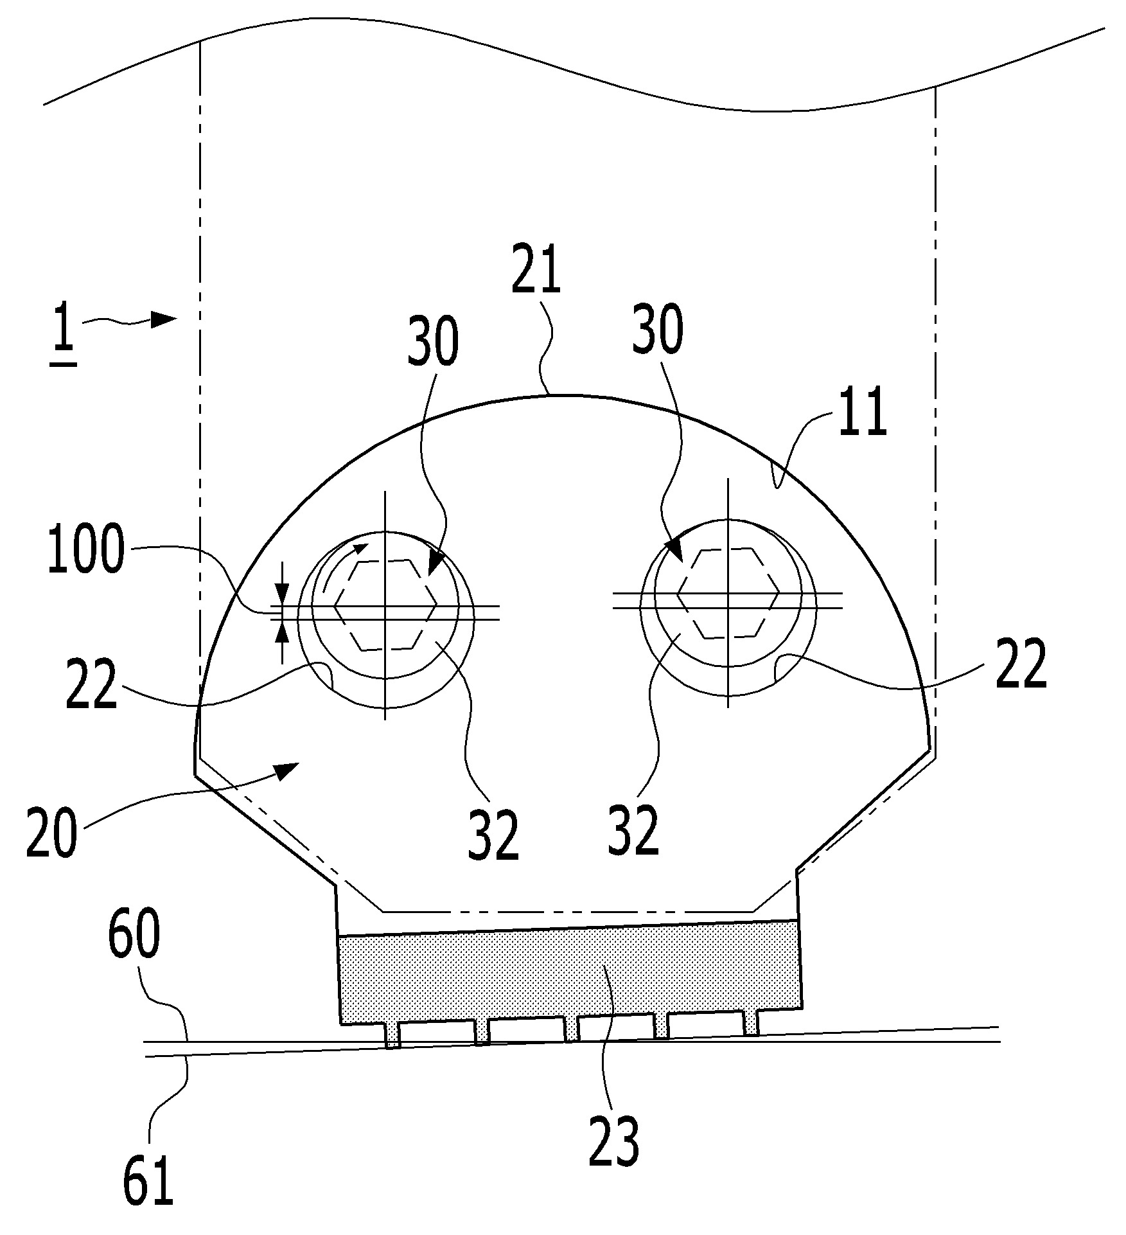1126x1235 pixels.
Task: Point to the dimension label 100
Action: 85,551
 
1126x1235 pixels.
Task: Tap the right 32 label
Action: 633,830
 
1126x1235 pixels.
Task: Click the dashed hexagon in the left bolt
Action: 385,605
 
